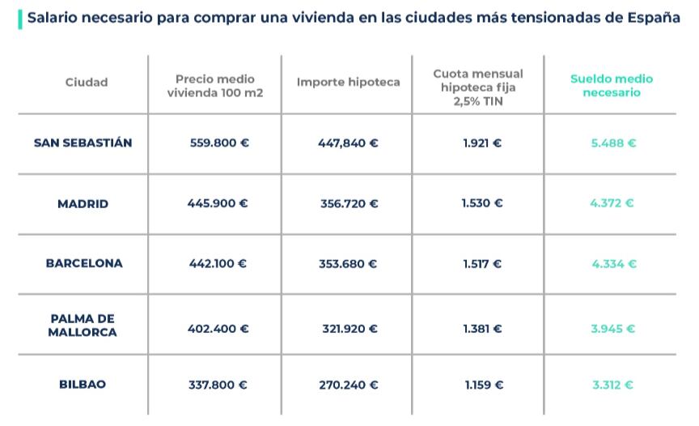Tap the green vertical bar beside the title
click(19, 19)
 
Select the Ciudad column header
click(87, 82)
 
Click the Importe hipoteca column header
click(348, 82)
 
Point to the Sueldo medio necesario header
click(611, 85)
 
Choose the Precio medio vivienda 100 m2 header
click(214, 85)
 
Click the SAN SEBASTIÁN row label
click(83, 143)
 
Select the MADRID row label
click(83, 203)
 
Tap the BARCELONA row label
click(84, 263)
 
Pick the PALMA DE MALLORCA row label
click(83, 325)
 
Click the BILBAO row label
click(83, 385)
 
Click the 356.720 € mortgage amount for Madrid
click(348, 203)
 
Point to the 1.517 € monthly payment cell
click(482, 264)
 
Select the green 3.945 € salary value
click(612, 329)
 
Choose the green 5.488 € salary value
click(613, 143)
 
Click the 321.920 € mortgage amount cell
click(348, 329)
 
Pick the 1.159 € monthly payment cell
click(483, 386)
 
